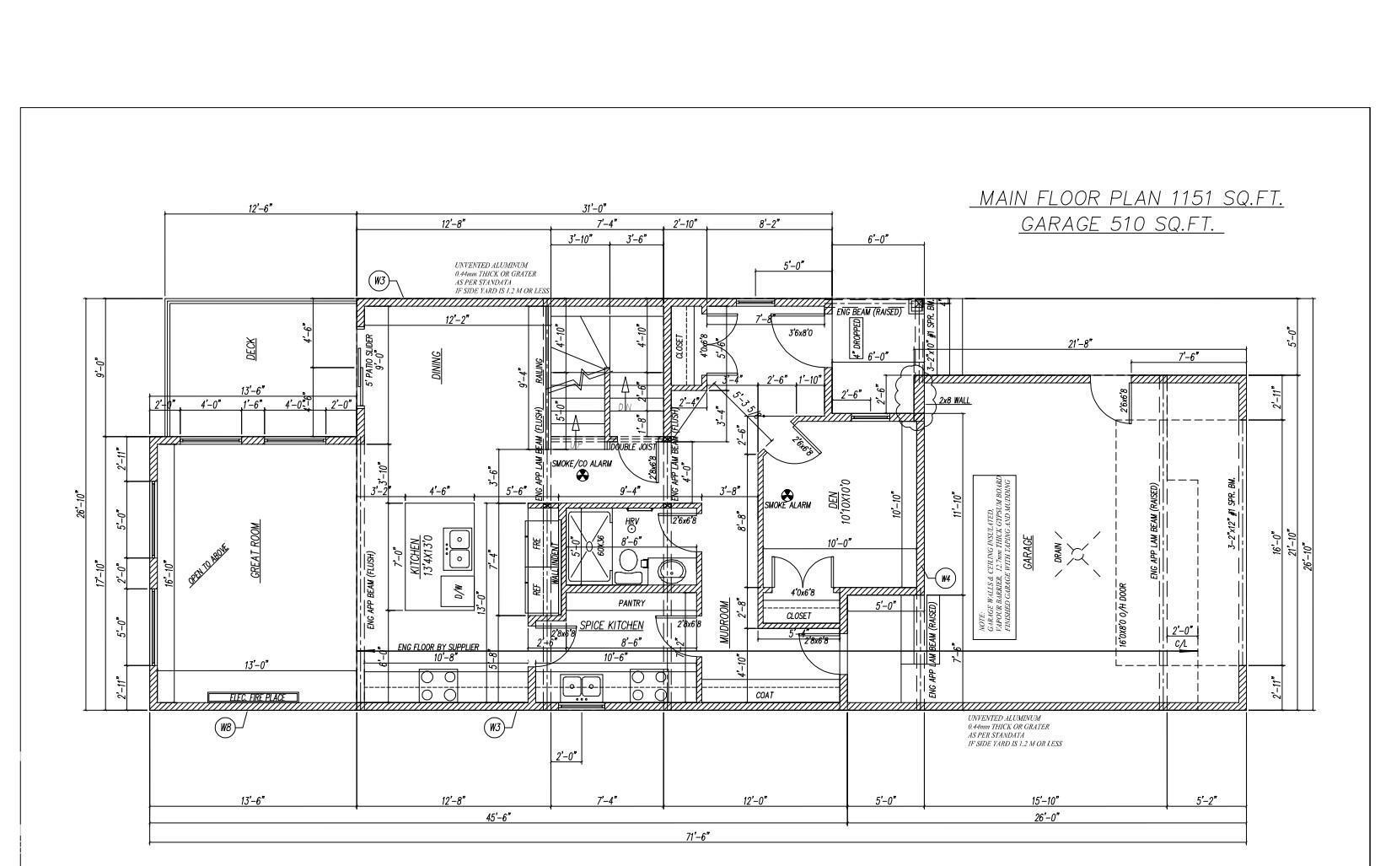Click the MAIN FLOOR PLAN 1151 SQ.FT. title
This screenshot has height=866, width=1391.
tap(1130, 198)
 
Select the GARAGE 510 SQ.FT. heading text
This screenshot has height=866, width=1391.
tap(1120, 224)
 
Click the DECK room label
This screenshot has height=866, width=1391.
tap(251, 349)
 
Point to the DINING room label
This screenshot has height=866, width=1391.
tap(437, 365)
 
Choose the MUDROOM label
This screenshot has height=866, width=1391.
tap(724, 622)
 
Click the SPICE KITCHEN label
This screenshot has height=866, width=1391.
tap(611, 625)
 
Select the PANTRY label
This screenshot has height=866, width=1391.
tap(631, 603)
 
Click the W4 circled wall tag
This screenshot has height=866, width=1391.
tap(945, 578)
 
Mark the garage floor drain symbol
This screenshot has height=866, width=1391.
tap(1077, 553)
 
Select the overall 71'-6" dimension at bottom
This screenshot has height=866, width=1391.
tap(696, 836)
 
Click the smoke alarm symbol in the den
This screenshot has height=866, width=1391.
tap(787, 495)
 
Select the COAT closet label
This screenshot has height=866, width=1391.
tap(765, 695)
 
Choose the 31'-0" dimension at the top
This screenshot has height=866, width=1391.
tap(594, 208)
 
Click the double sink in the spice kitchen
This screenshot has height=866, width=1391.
tap(582, 687)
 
